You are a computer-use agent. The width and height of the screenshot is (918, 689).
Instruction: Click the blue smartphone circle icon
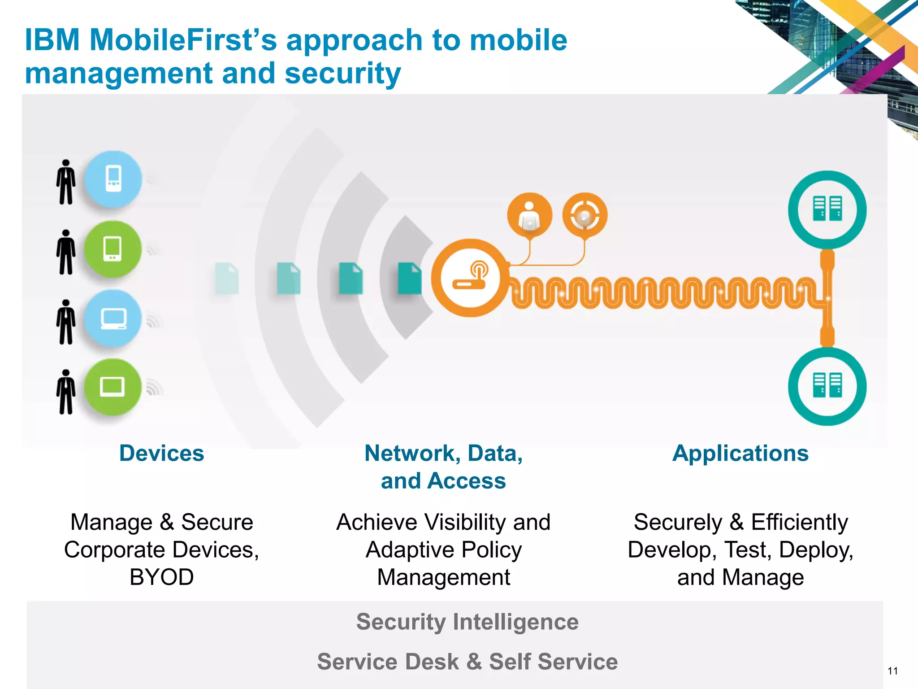tap(113, 179)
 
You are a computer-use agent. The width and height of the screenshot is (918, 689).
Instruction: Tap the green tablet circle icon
tap(113, 249)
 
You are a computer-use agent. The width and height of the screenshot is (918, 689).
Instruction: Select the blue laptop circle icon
tap(113, 319)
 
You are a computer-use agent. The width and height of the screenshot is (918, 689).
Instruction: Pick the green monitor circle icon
tap(113, 387)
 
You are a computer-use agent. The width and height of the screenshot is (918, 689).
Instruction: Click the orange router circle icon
tap(470, 278)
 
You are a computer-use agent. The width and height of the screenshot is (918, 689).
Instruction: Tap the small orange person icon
tap(529, 215)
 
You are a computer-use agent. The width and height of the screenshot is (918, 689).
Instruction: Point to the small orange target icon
tap(585, 215)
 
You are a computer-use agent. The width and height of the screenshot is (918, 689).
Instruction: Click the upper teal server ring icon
tap(827, 209)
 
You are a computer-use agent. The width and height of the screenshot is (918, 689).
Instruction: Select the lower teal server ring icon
tap(827, 386)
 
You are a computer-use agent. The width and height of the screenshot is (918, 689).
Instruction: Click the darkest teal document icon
tap(409, 279)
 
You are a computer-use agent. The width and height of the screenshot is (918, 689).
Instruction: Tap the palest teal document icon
tap(227, 279)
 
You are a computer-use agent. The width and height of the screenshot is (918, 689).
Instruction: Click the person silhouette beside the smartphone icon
tap(66, 182)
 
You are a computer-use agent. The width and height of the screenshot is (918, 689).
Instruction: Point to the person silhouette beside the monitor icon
tap(66, 392)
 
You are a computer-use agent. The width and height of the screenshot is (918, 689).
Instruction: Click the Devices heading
tap(161, 453)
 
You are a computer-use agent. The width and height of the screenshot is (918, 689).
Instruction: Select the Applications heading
tap(740, 453)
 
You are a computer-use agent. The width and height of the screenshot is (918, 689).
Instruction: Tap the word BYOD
tap(161, 577)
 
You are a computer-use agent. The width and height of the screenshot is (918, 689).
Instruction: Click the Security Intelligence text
tap(467, 622)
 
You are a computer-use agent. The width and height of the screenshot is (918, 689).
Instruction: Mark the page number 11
tap(892, 671)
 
